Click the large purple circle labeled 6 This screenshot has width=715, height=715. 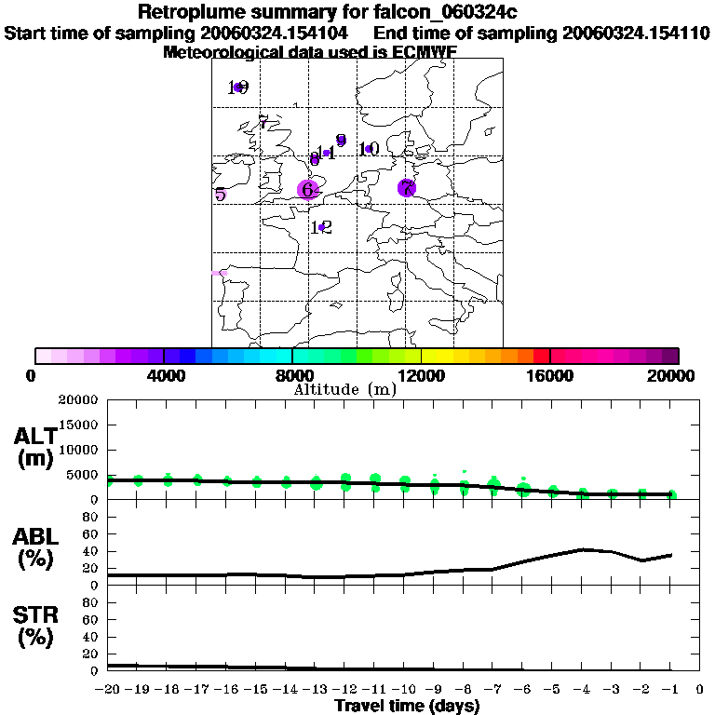[x=307, y=189]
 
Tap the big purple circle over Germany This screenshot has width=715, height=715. [x=406, y=188]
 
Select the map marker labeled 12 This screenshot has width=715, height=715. [x=321, y=227]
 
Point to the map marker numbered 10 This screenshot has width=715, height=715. [x=369, y=149]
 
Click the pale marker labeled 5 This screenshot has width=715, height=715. [x=220, y=195]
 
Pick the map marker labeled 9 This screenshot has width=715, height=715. [x=341, y=141]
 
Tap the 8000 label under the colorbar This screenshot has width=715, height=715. [x=291, y=375]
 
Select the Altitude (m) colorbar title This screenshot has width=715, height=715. [x=344, y=389]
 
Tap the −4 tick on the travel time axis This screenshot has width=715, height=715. [x=581, y=690]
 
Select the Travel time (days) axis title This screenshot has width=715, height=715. [x=407, y=706]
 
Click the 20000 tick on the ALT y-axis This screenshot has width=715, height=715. [x=78, y=400]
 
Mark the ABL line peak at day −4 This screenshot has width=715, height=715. [x=582, y=549]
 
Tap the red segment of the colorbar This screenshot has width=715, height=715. [x=542, y=356]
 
